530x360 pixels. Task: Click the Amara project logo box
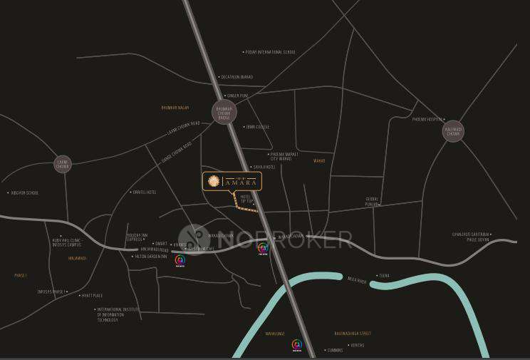[232, 182]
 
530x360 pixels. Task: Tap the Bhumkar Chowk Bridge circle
[224, 112]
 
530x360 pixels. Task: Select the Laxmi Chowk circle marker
[63, 164]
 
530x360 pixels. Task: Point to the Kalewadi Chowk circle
[453, 131]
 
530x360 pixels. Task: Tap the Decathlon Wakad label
[237, 77]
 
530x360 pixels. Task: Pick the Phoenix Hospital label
[427, 120]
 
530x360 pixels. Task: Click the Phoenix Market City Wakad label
[284, 156]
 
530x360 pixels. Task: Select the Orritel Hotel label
[144, 192]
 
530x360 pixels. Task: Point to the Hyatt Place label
[93, 295]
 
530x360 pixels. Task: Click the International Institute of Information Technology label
[118, 315]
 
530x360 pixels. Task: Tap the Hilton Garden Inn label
[151, 256]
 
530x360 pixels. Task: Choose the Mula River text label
[357, 281]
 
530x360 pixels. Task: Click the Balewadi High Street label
[353, 334]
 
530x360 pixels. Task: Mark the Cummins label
[335, 350]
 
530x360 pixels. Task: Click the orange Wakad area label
[319, 161]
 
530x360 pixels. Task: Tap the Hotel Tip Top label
[246, 199]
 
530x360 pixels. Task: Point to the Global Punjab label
[372, 201]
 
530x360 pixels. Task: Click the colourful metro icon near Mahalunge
[297, 345]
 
